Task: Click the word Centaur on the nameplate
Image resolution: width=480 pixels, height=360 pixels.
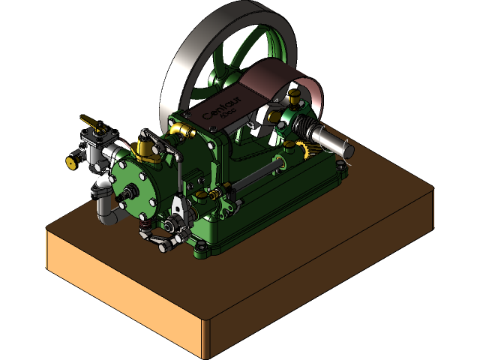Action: (x=217, y=108)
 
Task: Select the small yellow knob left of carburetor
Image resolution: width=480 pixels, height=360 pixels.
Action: (x=71, y=162)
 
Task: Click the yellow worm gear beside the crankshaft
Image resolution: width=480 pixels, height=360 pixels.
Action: (x=306, y=146)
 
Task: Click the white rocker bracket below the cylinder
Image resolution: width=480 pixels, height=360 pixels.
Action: (x=178, y=206)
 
